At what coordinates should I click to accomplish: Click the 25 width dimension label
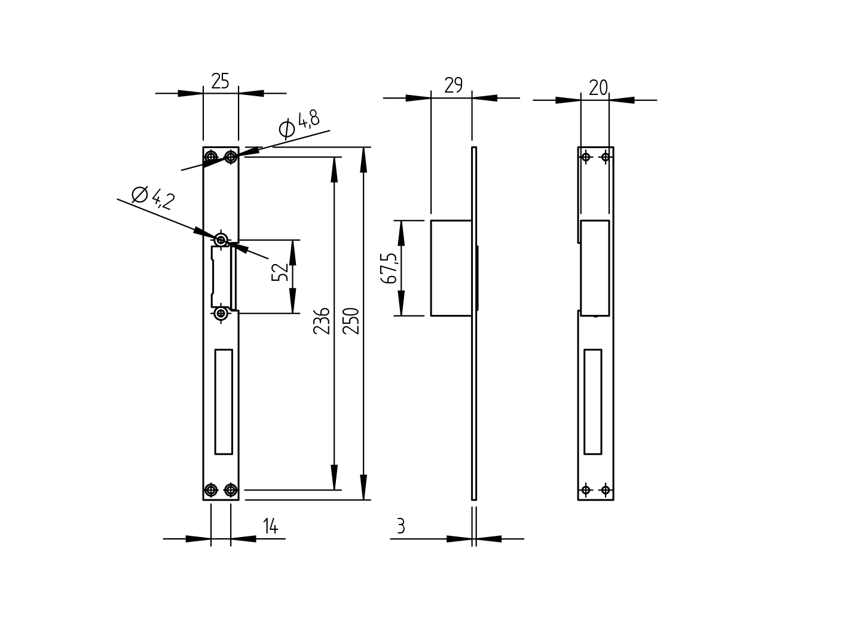[x=220, y=81]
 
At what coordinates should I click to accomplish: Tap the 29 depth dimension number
[x=453, y=85]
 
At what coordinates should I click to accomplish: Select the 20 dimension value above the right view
[x=598, y=88]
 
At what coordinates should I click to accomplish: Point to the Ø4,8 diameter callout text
[x=299, y=123]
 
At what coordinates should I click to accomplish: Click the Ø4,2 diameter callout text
[x=153, y=198]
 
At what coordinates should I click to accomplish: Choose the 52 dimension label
[x=280, y=272]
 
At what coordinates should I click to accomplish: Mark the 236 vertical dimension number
[x=322, y=321]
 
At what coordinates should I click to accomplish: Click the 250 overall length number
[x=351, y=321]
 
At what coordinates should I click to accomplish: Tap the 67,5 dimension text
[x=389, y=268]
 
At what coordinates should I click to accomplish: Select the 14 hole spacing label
[x=270, y=526]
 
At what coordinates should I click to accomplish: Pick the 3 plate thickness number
[x=400, y=526]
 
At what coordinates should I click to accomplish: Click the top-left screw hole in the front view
[x=211, y=157]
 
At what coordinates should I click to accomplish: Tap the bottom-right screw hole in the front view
[x=231, y=490]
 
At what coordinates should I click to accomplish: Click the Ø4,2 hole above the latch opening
[x=221, y=240]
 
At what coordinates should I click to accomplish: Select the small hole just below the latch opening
[x=221, y=313]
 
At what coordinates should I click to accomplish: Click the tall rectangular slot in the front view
[x=224, y=401]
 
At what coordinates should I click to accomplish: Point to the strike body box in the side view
[x=451, y=268]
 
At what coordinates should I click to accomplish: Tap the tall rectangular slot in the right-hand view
[x=592, y=401]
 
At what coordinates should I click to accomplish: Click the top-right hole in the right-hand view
[x=606, y=157]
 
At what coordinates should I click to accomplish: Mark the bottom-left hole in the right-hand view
[x=586, y=490]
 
